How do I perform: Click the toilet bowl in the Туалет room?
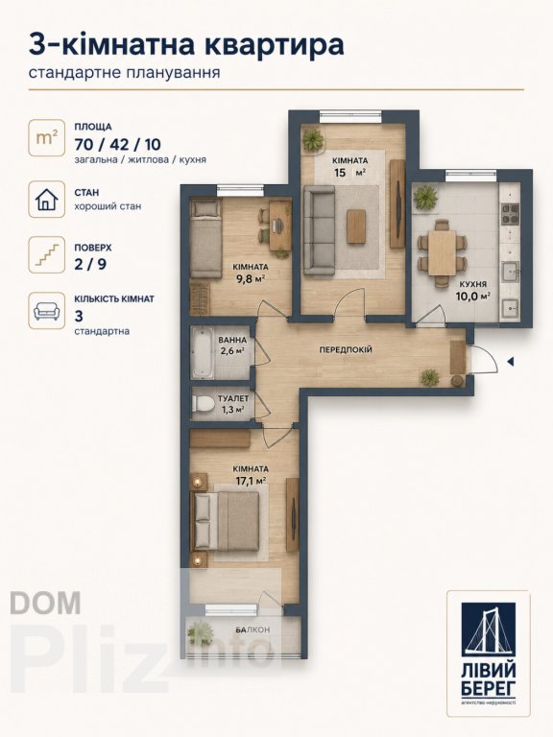coord(204,405)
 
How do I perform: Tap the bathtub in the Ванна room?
coord(204,352)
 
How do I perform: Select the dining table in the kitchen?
coord(442,252)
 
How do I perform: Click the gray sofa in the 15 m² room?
coord(320,229)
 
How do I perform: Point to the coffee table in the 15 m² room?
coord(356,226)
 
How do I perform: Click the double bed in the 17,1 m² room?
coord(226,521)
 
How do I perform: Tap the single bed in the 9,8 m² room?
coord(206,238)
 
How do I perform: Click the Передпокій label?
coord(346,350)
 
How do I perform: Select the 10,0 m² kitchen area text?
coord(473,296)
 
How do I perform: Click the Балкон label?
coord(252,630)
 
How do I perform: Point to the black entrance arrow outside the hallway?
coord(510,362)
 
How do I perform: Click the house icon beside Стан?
coord(46,200)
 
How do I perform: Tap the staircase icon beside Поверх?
coord(46,254)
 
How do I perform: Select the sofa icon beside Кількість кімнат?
coord(46,311)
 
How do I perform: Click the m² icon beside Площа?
coord(46,138)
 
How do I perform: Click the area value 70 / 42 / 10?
coord(117,144)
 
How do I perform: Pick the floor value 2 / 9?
coord(90,264)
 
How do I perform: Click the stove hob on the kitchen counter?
coord(509,214)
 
